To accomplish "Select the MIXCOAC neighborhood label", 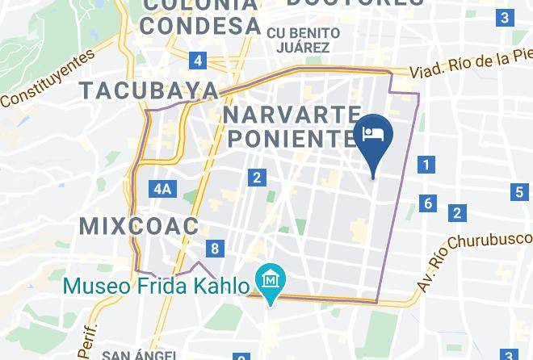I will [x=139, y=226].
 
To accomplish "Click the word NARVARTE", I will [x=292, y=111].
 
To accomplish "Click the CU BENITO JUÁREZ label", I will [x=303, y=40].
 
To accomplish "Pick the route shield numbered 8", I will [x=215, y=249].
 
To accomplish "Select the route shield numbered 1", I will [x=426, y=165].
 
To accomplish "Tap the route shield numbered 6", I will [x=428, y=203].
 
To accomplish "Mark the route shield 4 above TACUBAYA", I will [x=198, y=61].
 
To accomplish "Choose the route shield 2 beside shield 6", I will [x=457, y=213].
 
